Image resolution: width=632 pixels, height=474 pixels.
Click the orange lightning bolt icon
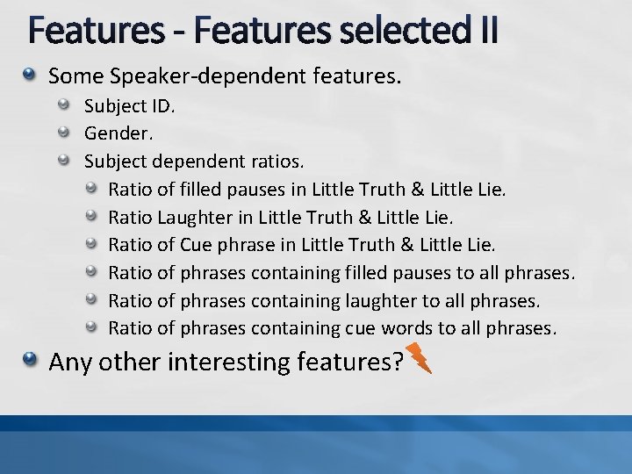coord(420,358)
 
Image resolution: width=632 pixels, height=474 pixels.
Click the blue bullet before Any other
coord(32,360)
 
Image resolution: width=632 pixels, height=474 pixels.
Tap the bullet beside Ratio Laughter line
coord(92,216)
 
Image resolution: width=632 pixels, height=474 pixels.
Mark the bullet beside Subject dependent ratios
coord(65,162)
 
